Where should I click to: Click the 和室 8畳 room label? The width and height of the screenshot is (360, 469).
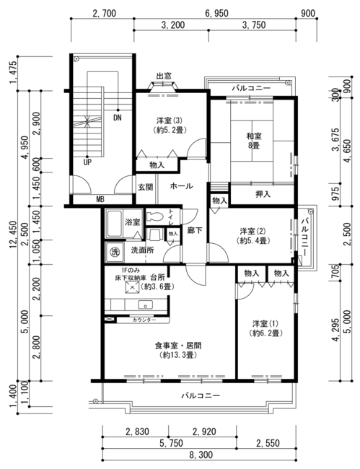pos(253,141)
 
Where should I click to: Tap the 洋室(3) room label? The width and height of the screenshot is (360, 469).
pos(170,126)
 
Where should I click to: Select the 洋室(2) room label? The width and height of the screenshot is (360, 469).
pos(253,236)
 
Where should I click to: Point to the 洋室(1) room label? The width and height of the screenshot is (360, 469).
pos(265,328)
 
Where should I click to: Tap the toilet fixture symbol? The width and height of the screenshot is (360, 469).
pos(155,216)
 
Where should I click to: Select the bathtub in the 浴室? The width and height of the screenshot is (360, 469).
pos(114,224)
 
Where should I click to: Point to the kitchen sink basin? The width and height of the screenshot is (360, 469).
pos(145,305)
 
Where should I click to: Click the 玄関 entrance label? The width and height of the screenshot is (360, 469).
pos(145,187)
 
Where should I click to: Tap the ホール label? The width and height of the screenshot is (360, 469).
pos(181,186)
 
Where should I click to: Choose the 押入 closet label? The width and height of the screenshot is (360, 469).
pos(263,194)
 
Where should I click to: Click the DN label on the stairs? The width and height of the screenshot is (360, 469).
pos(117,118)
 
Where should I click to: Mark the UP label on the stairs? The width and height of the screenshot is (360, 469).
pos(87,162)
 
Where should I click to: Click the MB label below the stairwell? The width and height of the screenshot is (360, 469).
pos(100,199)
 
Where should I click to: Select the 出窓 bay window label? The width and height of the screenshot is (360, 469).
pos(164,76)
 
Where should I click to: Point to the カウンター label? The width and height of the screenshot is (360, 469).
pos(144,320)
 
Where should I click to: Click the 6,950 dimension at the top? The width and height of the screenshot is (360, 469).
pos(216,14)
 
